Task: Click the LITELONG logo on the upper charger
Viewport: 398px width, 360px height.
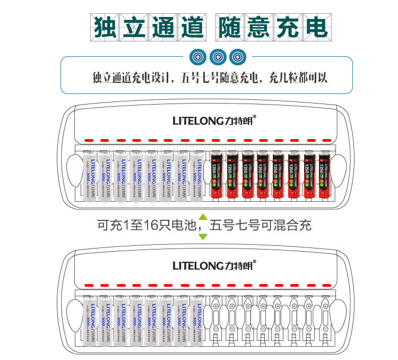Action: [214, 121]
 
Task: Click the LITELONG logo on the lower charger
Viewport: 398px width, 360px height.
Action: [214, 265]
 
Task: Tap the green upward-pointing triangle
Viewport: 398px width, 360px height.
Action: [203, 217]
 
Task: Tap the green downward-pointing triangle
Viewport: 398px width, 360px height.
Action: [203, 236]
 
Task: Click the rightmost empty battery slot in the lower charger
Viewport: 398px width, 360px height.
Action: [324, 320]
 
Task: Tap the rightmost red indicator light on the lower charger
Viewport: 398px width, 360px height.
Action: [324, 284]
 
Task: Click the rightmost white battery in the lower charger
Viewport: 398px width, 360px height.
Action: [197, 320]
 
